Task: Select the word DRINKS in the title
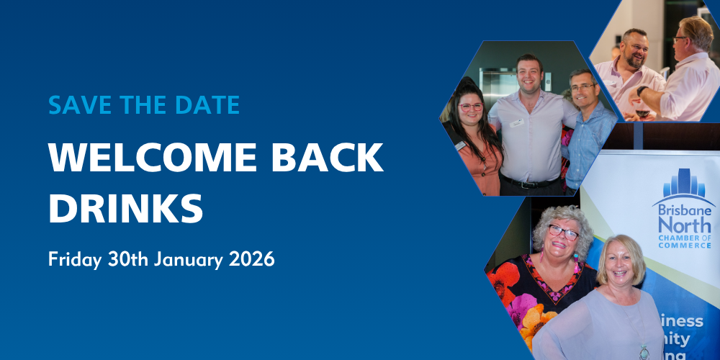[125, 207]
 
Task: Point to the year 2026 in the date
[252, 259]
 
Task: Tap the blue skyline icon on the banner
[684, 184]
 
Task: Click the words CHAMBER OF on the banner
[685, 237]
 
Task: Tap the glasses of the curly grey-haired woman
[563, 233]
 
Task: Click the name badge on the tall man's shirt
[516, 123]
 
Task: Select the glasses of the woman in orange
[471, 107]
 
